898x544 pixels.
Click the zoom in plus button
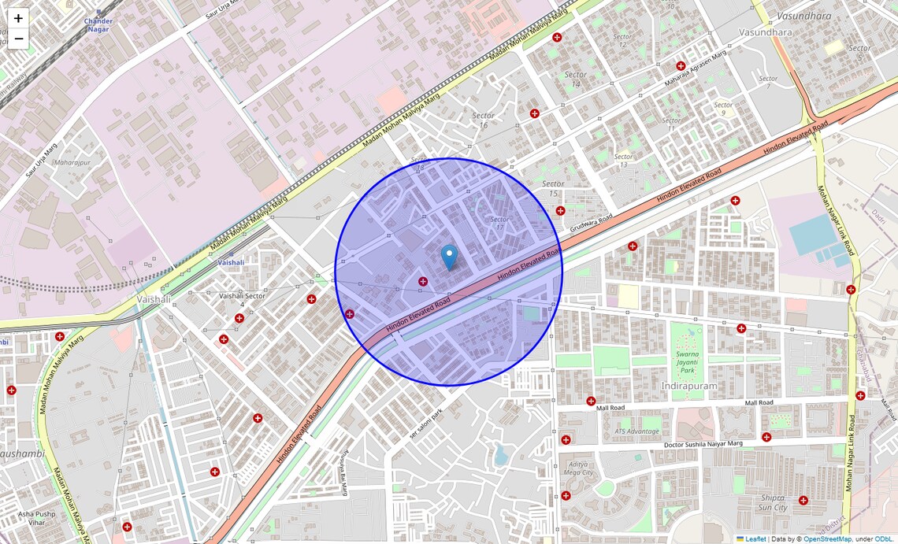18,18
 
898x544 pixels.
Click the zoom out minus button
18,39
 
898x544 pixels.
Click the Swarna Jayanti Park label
688,363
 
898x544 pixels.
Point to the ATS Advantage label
636,431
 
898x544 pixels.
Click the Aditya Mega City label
581,468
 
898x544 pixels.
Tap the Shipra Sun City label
774,502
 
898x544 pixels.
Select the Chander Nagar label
98,24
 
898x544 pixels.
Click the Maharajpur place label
73,163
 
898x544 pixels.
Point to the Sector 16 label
483,120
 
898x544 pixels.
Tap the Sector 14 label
575,80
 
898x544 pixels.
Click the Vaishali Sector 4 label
242,299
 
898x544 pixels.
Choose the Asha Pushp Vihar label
37,517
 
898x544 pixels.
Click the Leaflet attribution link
755,538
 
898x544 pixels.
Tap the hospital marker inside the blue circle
423,281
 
